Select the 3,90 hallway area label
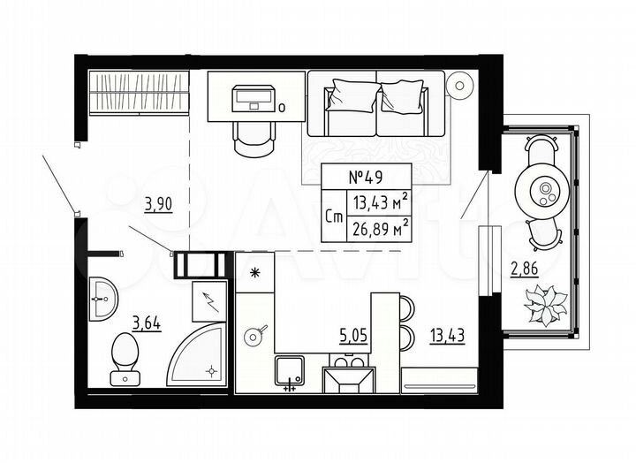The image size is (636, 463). pos(158,205)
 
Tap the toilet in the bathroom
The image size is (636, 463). pos(125,357)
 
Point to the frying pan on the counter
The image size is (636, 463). pos(255,335)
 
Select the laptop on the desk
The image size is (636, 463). pos(254,96)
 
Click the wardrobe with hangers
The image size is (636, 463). pos(140,91)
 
